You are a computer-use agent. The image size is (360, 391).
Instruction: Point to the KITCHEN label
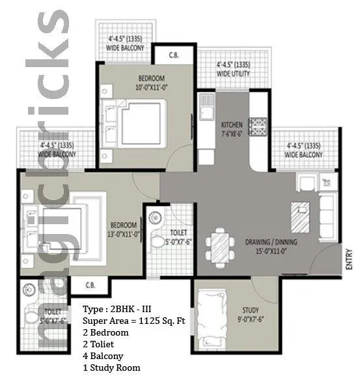coord(232,125)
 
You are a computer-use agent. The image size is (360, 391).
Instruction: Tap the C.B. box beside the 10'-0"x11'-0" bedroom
coord(174,55)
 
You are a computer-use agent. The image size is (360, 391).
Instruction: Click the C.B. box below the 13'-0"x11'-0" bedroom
coord(87,285)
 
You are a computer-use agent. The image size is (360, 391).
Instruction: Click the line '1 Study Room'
coord(111,368)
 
